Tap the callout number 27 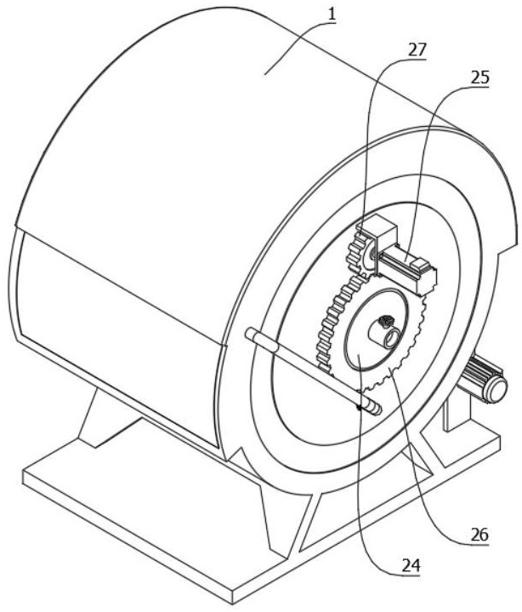pyautogui.click(x=416, y=49)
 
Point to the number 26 pyautogui.click(x=479, y=536)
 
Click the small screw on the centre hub pyautogui.click(x=383, y=322)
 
